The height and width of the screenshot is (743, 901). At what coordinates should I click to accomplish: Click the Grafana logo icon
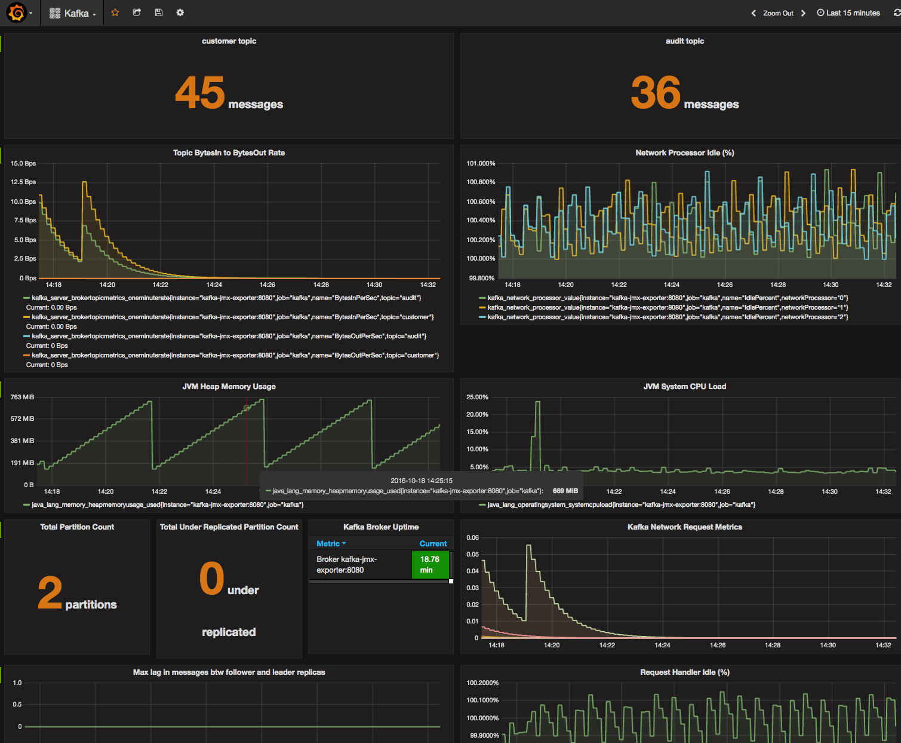coord(17,13)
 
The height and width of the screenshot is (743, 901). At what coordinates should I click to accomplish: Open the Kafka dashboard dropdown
coord(72,13)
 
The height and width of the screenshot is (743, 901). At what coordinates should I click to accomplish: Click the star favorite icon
coord(115,13)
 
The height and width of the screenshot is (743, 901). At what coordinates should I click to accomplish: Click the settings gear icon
coord(180,13)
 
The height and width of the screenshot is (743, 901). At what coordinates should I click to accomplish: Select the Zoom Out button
coord(778,13)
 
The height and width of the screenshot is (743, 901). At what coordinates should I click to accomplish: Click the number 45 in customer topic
coord(199,93)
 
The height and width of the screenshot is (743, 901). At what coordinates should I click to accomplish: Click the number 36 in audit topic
coord(655,93)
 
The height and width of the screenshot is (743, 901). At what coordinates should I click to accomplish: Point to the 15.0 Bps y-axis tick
coord(23,163)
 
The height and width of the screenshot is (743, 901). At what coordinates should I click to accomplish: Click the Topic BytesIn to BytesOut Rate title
coord(229,153)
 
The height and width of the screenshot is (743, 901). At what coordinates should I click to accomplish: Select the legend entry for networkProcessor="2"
coord(667,317)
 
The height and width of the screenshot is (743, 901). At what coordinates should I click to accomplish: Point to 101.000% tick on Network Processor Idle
coord(481,163)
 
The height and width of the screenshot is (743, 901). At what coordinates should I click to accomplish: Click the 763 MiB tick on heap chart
coord(23,397)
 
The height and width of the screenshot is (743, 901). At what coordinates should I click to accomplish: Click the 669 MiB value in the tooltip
coord(565,491)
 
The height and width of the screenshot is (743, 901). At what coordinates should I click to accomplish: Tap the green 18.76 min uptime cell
coord(430,564)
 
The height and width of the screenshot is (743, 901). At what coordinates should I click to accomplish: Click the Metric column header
coord(328,543)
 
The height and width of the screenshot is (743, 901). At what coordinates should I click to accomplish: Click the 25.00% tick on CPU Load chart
coord(477,397)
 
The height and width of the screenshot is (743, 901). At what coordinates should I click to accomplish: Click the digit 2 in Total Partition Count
coord(50,593)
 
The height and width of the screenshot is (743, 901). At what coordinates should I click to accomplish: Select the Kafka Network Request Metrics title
coord(684,527)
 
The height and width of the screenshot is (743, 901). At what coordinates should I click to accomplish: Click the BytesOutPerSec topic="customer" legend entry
coord(235,355)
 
